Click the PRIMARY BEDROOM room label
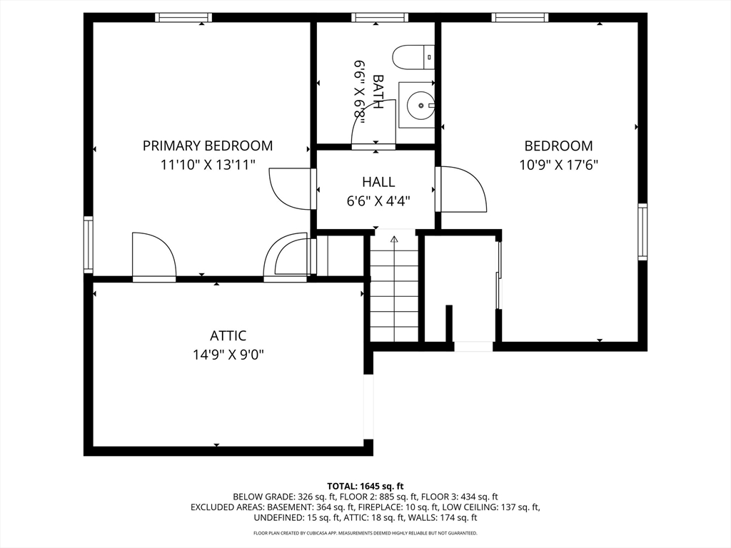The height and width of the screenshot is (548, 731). click(x=208, y=146)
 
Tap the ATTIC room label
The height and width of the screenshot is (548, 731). click(x=228, y=336)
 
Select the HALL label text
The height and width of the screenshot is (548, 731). click(x=378, y=182)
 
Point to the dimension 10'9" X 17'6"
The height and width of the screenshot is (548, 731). click(x=559, y=165)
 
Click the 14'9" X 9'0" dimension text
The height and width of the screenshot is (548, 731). click(x=228, y=355)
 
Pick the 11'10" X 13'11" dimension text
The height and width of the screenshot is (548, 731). click(x=208, y=165)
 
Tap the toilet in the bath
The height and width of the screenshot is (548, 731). click(x=413, y=57)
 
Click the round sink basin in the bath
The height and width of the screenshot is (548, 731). click(x=420, y=106)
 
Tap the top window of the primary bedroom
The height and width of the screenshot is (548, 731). click(x=183, y=18)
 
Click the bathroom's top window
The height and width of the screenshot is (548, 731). click(x=380, y=18)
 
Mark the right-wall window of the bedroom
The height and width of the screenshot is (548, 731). click(x=642, y=232)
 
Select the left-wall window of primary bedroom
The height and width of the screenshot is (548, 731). click(x=89, y=245)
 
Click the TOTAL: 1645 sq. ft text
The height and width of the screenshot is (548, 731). click(x=365, y=487)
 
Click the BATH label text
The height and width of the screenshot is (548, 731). click(x=378, y=92)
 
